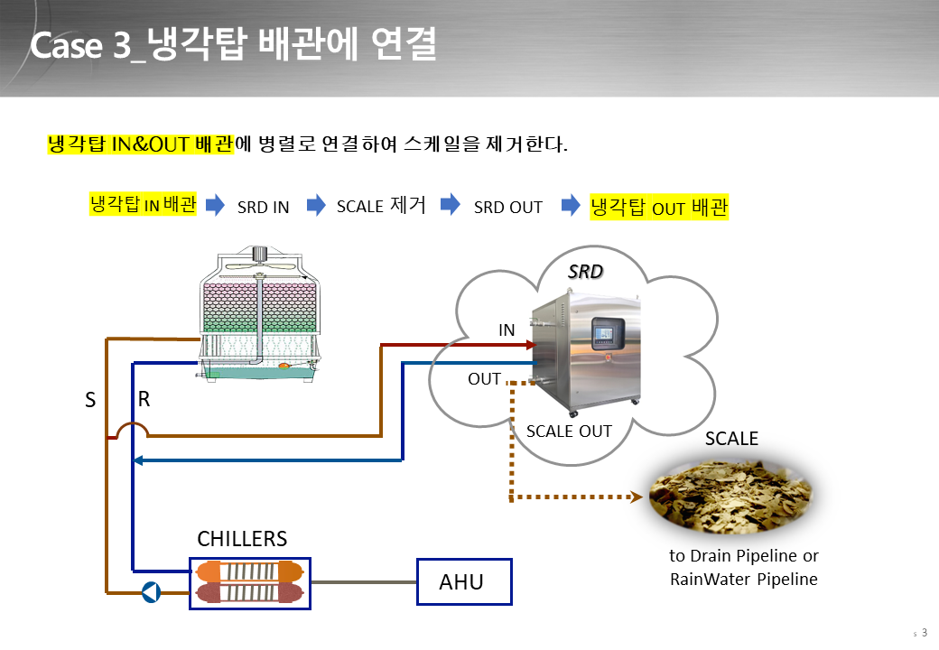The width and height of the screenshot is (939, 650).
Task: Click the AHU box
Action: tap(464, 581)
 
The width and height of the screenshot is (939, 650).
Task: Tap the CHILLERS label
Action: tap(242, 539)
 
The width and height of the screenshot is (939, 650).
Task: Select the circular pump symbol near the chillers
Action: tap(151, 592)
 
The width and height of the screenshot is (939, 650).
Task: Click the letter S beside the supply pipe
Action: tap(90, 400)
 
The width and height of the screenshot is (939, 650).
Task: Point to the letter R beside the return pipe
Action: tap(144, 399)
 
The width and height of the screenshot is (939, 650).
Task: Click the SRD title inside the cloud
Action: tap(585, 272)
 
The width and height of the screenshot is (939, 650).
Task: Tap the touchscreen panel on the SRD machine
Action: tap(608, 333)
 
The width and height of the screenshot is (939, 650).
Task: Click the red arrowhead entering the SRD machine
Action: tap(531, 345)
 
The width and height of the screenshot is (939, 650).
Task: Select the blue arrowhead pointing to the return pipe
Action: tap(138, 460)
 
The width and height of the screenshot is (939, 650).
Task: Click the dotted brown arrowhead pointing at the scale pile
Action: tap(637, 497)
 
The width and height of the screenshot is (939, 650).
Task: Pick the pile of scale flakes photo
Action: tap(730, 496)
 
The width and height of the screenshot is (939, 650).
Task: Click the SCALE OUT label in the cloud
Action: tap(569, 431)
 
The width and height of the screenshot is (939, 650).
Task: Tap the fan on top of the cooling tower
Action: tap(259, 264)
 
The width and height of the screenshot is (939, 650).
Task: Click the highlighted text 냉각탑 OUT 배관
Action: tap(659, 207)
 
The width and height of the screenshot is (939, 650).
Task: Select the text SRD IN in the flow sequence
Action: tap(263, 207)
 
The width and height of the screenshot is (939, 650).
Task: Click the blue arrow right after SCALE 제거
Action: tap(451, 204)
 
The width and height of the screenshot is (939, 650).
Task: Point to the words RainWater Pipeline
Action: tap(744, 580)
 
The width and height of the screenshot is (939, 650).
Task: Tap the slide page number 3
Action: tap(924, 633)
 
